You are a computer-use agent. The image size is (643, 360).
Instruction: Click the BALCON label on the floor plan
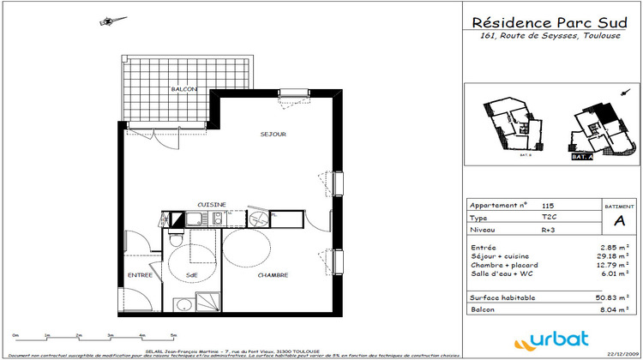(184, 89)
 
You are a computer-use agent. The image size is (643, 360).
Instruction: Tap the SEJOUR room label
(273, 135)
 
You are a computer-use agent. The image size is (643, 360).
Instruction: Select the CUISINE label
(212, 204)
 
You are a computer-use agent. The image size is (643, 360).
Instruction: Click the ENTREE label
(140, 275)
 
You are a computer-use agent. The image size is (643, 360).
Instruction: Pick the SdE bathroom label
(192, 275)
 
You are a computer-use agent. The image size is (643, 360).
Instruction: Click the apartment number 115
(549, 206)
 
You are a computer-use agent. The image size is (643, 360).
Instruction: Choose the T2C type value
(549, 218)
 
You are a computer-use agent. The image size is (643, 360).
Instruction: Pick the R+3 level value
(549, 231)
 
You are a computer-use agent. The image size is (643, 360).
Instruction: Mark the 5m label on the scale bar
(173, 336)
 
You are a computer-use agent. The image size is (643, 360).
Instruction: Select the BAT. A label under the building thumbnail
(582, 159)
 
